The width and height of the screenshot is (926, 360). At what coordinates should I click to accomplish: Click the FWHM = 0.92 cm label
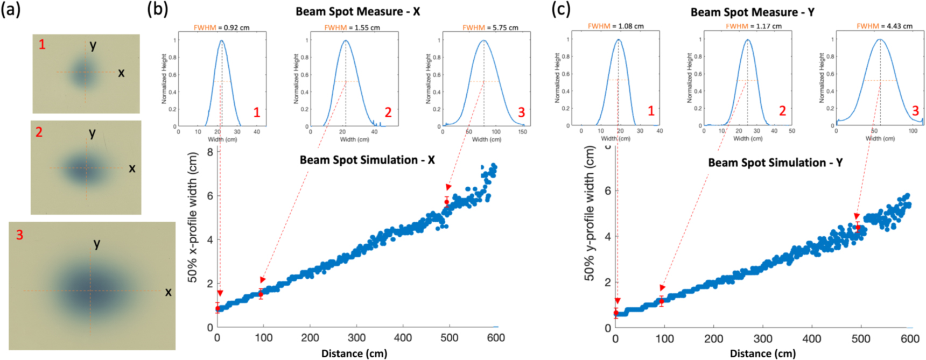(221, 27)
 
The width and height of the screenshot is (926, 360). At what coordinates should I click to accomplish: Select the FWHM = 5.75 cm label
(490, 27)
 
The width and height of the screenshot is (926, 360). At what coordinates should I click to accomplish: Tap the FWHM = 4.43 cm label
(885, 26)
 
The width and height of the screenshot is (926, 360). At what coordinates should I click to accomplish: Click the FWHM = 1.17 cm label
(753, 26)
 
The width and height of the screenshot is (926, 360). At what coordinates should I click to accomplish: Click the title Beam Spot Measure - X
(357, 11)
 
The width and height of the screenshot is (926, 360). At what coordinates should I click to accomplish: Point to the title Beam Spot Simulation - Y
(775, 163)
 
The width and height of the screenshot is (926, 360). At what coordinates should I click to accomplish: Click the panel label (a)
(11, 10)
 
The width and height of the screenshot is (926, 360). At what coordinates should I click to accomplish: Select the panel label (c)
(561, 10)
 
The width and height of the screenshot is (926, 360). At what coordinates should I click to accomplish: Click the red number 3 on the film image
(20, 235)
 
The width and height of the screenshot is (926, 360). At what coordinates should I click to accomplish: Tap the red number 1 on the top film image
(42, 45)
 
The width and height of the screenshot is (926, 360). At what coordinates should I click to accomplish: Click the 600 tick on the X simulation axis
(495, 338)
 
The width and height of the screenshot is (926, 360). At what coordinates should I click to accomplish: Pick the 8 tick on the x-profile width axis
(209, 152)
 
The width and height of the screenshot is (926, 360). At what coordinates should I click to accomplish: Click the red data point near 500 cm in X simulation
(446, 202)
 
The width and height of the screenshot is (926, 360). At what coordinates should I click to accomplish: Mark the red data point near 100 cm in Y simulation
(662, 301)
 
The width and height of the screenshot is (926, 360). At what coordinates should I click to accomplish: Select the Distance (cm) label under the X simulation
(354, 354)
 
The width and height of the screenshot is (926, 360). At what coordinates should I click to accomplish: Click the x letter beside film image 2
(132, 168)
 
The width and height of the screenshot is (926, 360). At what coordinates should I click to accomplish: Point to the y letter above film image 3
(97, 243)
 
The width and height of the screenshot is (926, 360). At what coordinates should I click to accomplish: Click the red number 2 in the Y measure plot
(782, 111)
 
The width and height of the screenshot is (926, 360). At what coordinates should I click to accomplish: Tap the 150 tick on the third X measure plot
(522, 132)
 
